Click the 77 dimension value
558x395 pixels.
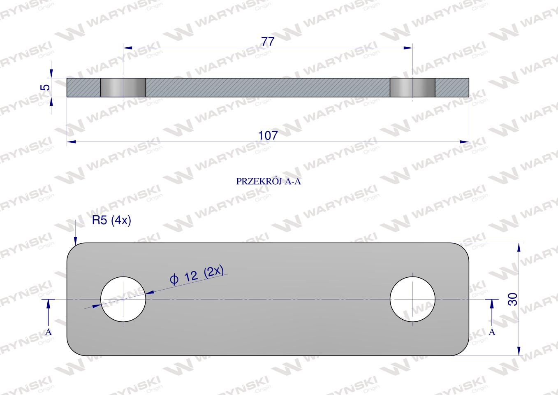click(268, 42)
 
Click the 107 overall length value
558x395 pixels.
click(268, 135)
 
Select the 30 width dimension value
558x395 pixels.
click(512, 299)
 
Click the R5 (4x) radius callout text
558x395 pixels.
click(111, 220)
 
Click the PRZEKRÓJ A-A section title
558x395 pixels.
click(269, 181)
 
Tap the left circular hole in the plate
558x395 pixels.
click(123, 299)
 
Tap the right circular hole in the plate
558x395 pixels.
click(412, 299)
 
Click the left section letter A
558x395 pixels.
click(49, 332)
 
